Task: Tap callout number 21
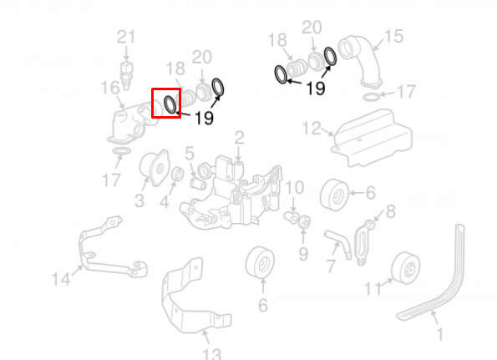tap(126, 37)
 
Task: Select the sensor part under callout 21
tap(126, 75)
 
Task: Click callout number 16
tap(110, 88)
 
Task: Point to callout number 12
tap(312, 128)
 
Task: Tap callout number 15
tap(394, 37)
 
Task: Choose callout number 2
tap(239, 138)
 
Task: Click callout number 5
tap(190, 154)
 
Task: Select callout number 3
tap(139, 200)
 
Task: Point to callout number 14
tap(61, 279)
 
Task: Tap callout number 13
tap(211, 354)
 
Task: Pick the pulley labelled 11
tap(406, 268)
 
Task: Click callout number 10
tap(295, 188)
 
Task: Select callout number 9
tap(303, 254)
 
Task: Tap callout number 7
tap(331, 266)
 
